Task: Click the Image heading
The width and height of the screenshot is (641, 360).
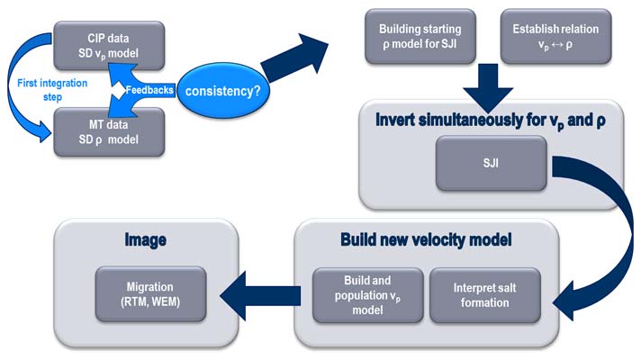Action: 147,242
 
